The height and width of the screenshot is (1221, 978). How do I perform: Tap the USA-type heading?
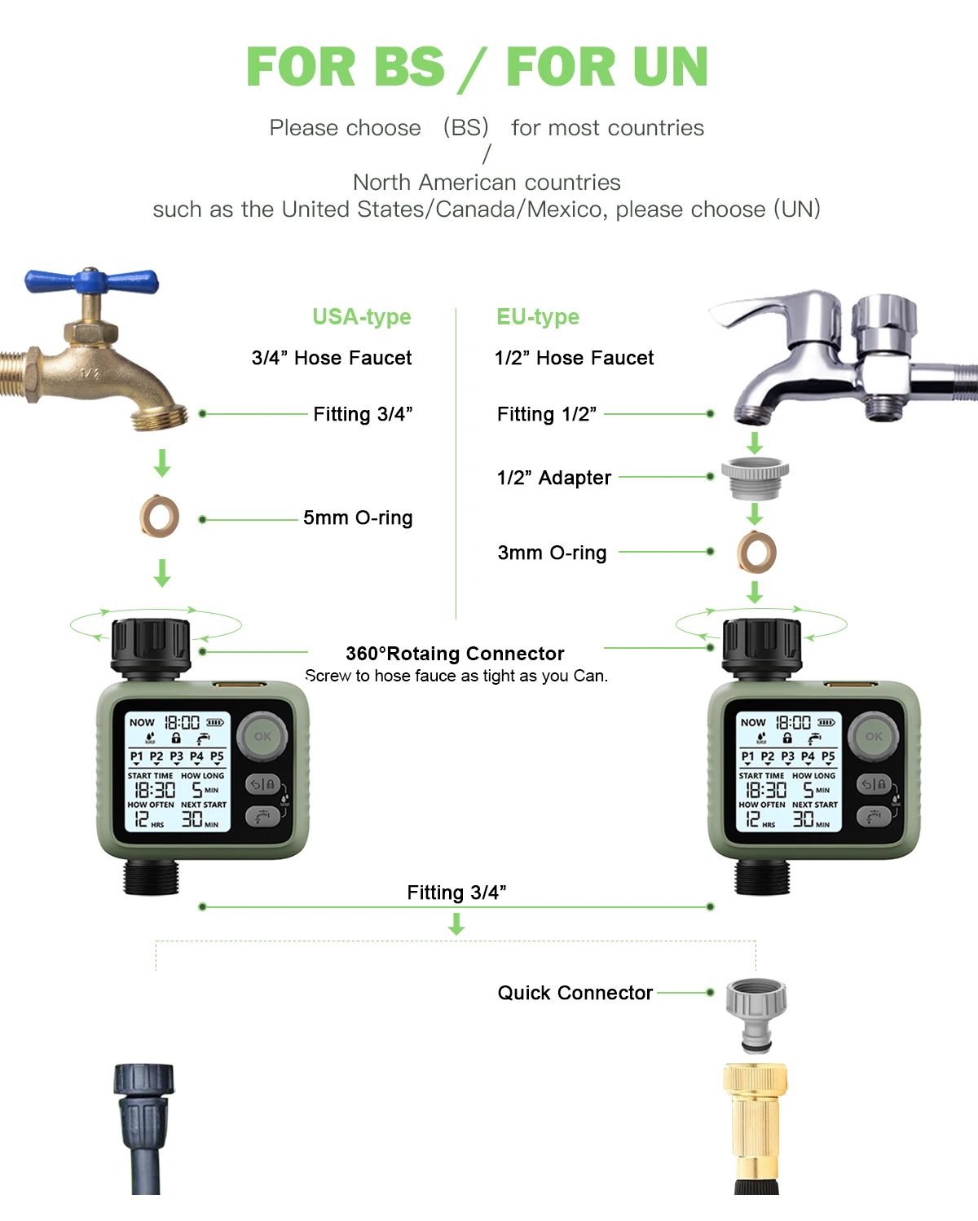tap(362, 316)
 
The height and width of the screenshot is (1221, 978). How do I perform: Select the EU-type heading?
tap(538, 316)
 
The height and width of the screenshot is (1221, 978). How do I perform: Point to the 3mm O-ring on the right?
tap(756, 552)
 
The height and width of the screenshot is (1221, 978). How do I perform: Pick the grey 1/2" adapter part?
tap(756, 477)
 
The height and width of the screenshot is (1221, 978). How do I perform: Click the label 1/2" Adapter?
tap(554, 478)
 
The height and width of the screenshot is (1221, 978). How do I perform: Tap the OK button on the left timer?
tap(262, 736)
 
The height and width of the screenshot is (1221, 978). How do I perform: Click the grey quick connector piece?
tap(756, 1015)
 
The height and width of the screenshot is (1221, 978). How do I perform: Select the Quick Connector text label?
tap(575, 993)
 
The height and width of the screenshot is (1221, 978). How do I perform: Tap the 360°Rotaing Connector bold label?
tap(455, 654)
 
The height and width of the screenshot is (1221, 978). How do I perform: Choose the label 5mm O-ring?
tap(358, 518)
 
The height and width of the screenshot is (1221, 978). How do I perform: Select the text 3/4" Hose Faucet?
tap(332, 358)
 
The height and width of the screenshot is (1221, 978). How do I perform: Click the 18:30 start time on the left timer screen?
tap(155, 790)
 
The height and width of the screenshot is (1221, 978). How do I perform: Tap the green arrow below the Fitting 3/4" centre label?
tap(456, 923)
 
